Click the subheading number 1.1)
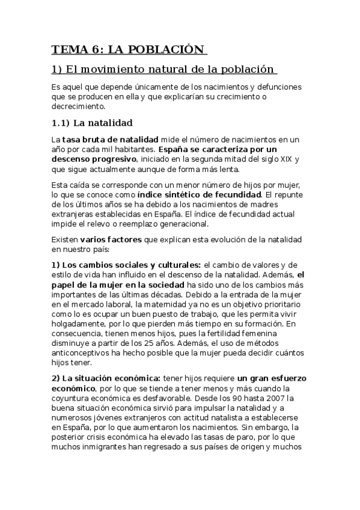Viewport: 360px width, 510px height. click(60, 124)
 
